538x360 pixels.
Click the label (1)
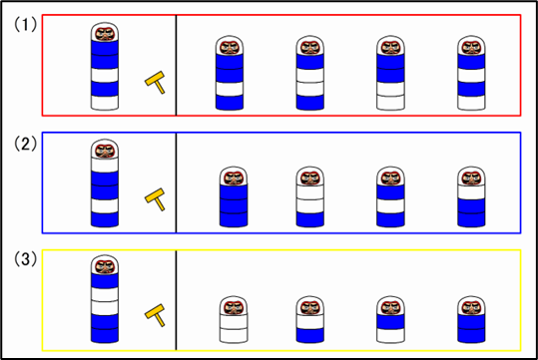[x=25, y=25]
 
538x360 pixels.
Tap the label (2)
[x=25, y=144]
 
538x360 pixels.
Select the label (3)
[x=25, y=259]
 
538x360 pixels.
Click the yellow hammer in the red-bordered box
[x=155, y=82]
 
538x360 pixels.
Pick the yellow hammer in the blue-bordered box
[x=155, y=199]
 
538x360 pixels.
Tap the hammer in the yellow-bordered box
[x=155, y=315]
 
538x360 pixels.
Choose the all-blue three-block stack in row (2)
[x=234, y=196]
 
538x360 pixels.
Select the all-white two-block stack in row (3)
[x=234, y=319]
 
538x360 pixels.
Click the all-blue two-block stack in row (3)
[x=471, y=319]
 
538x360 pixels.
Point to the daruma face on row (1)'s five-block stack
[x=105, y=34]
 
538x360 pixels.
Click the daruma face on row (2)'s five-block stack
[x=105, y=151]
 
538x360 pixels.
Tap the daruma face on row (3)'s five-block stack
[x=105, y=266]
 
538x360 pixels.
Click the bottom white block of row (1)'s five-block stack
[x=105, y=103]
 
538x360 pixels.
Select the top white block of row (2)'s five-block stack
[x=105, y=165]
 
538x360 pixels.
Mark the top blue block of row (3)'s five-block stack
[x=105, y=280]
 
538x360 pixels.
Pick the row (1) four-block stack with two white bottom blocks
[x=390, y=73]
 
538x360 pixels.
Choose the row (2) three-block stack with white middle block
[x=390, y=196]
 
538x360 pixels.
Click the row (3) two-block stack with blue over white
[x=390, y=319]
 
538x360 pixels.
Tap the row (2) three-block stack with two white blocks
[x=310, y=196]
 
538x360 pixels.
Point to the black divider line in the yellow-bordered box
[x=176, y=300]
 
